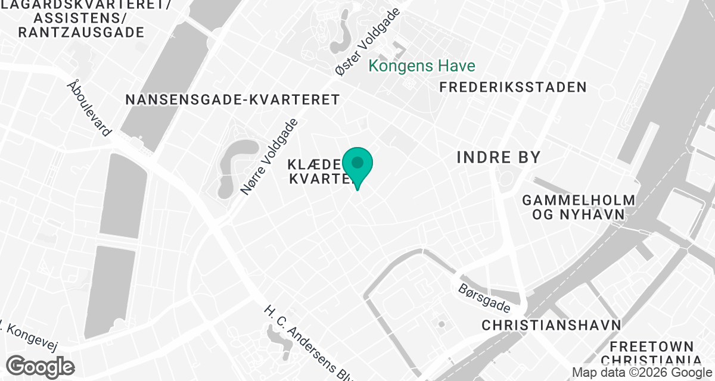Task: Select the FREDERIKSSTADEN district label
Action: tap(513, 88)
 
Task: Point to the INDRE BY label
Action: tap(498, 158)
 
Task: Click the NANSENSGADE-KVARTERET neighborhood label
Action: tap(232, 99)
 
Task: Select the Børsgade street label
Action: tap(484, 298)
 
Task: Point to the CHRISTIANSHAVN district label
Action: tap(551, 325)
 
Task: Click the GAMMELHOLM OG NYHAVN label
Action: tap(579, 207)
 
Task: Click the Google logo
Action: tap(41, 366)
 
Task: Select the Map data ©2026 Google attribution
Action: tap(641, 373)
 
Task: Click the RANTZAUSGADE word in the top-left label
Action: tap(81, 32)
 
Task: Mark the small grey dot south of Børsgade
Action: tap(442, 324)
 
